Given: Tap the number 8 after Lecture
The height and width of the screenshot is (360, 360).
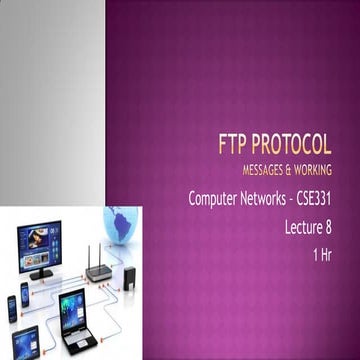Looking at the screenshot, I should (x=341, y=227).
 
